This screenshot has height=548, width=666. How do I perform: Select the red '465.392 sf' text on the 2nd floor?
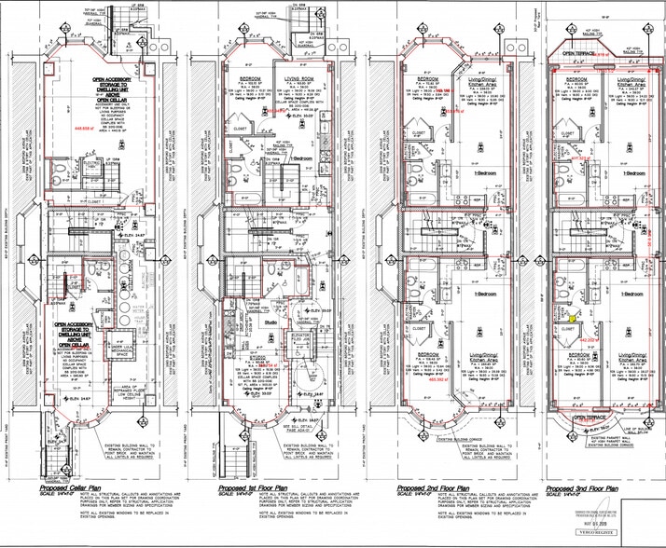pos(427,380)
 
